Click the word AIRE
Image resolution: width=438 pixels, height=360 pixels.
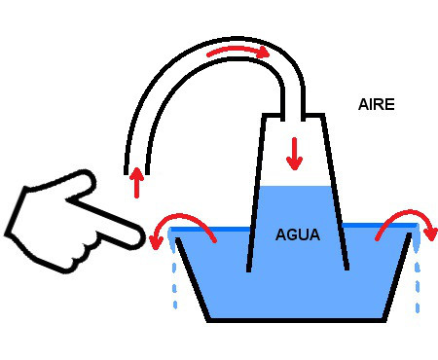377,104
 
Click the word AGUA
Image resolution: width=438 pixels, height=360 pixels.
298,234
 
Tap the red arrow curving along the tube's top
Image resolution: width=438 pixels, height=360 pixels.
238,50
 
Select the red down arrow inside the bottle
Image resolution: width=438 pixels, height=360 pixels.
294,154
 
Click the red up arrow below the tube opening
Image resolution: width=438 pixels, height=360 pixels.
137,183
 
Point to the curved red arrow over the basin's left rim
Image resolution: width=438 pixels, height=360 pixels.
182,217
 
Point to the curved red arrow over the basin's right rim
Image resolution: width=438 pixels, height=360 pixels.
406,213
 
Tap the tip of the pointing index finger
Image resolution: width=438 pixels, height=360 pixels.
142,238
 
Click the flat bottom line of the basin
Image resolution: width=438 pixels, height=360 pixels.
297,320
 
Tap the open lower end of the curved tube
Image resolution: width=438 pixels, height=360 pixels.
136,174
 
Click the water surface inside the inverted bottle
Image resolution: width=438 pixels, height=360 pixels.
294,187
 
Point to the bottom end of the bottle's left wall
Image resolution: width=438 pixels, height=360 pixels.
248,270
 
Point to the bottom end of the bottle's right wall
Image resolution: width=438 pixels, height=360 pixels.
347,269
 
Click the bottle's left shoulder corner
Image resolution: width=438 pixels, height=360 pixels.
264,115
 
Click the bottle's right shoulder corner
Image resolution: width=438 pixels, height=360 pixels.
323,115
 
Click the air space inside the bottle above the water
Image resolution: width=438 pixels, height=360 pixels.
294,153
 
